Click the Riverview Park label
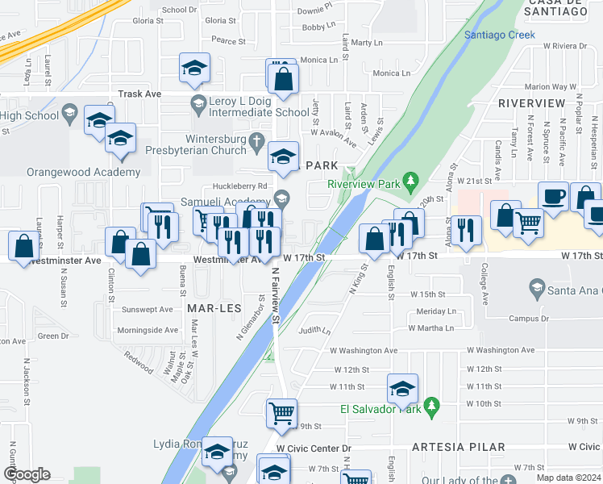pos(364,184)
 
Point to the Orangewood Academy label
pos(72,173)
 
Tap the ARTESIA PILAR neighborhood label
pos(458,447)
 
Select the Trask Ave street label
pos(139,94)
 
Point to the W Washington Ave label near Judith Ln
pos(364,351)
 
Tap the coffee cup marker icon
pos(554,197)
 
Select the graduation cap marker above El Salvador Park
pos(402,389)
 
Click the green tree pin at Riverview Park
pos(410,178)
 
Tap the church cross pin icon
pos(257,144)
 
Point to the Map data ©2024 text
pos(568,478)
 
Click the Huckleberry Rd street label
pos(217,186)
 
